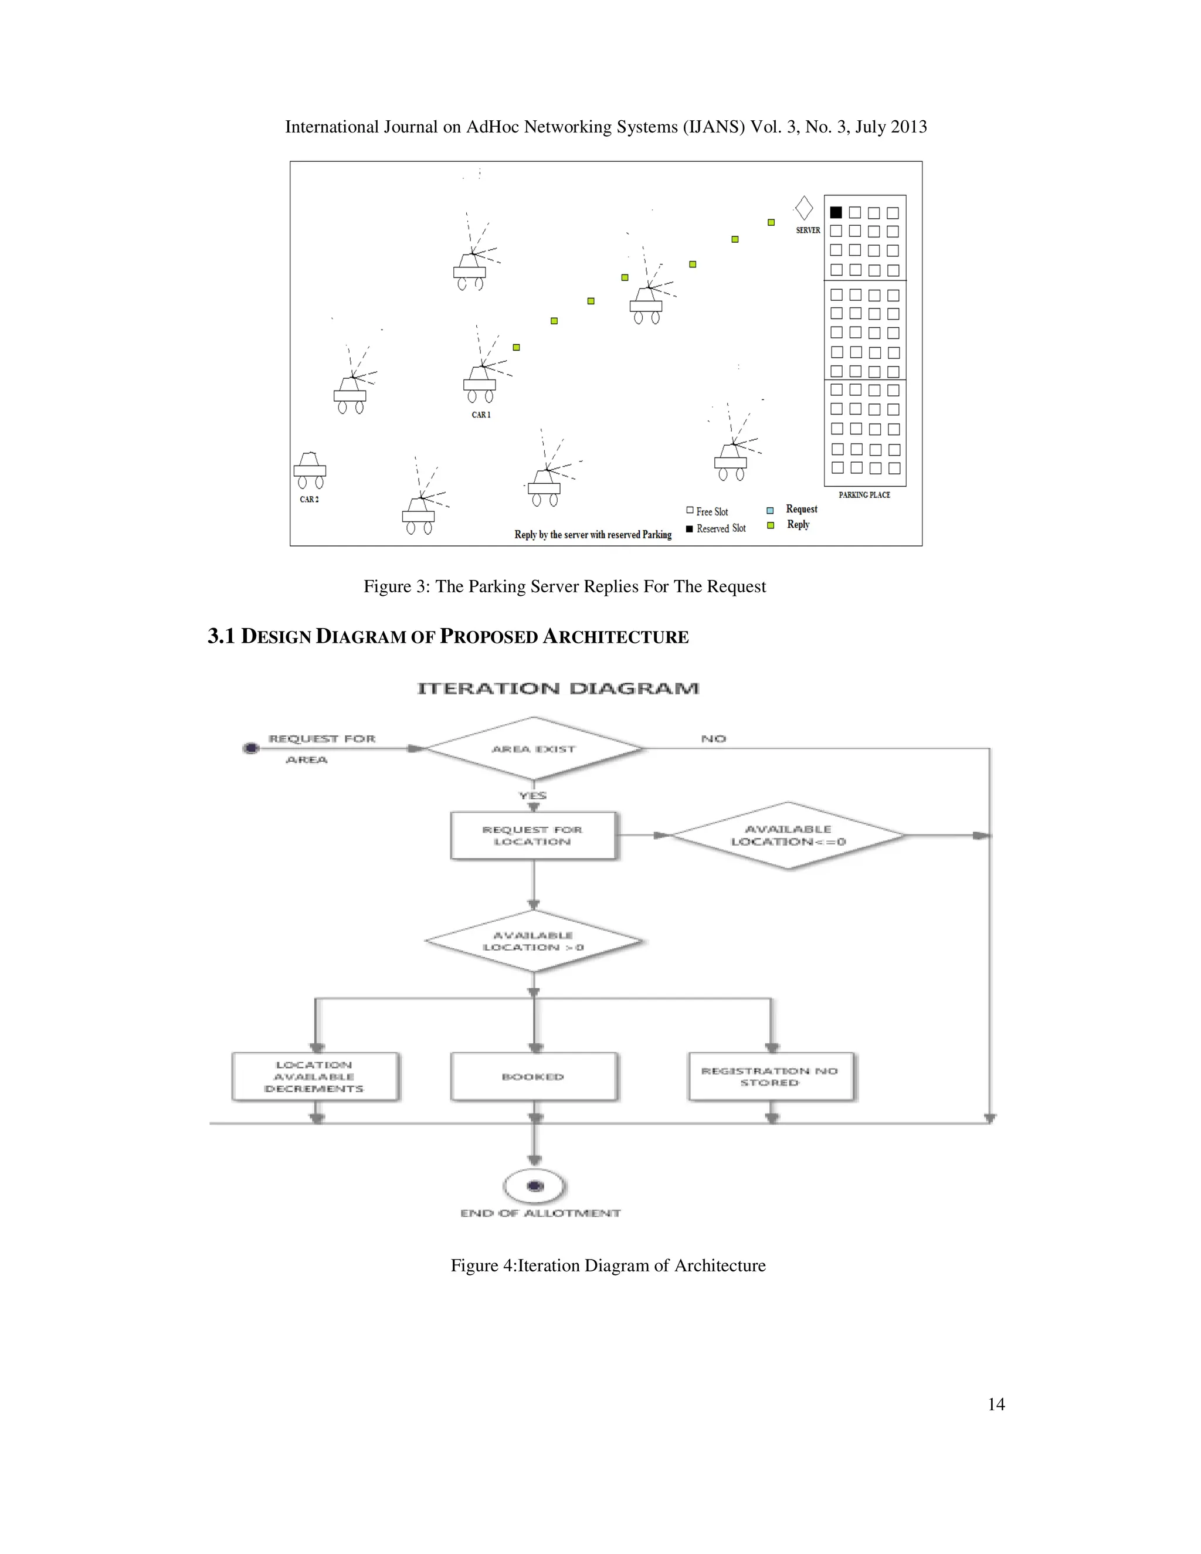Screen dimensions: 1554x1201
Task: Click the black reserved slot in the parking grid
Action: (836, 212)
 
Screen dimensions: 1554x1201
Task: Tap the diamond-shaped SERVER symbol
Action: (804, 209)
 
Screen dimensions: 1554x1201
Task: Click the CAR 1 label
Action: (481, 415)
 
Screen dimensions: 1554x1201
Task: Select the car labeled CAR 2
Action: (310, 470)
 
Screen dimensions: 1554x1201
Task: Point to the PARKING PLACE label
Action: (864, 494)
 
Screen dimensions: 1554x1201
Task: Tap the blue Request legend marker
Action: (770, 510)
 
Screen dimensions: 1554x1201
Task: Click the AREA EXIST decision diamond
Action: (534, 748)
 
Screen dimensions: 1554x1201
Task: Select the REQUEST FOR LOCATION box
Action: (533, 835)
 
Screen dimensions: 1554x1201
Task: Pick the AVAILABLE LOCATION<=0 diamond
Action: (788, 835)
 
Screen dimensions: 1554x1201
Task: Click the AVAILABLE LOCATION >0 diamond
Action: (534, 941)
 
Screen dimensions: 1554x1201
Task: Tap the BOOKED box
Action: (533, 1077)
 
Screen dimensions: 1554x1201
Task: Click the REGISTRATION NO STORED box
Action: (770, 1077)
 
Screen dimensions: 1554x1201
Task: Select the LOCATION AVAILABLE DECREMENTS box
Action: (314, 1077)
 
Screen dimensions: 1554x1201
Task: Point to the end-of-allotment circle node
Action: (535, 1186)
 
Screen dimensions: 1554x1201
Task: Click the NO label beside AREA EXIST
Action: (714, 738)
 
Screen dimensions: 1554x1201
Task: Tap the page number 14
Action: (996, 1404)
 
